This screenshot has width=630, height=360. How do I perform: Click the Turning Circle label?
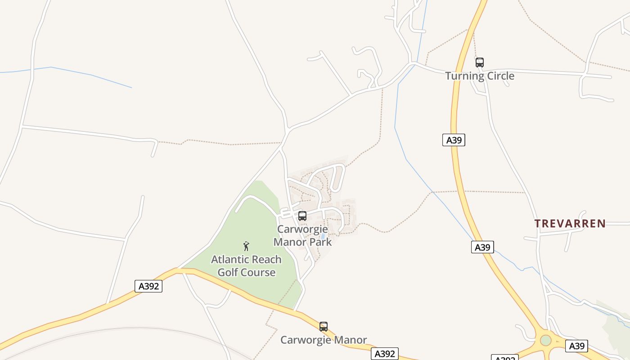tap(480, 76)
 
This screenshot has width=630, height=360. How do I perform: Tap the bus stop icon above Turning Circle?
tap(480, 63)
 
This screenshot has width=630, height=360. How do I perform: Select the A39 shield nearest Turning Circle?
tap(454, 140)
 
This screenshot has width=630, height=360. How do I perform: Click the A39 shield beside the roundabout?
tap(576, 346)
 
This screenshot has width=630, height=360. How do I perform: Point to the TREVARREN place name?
tap(570, 223)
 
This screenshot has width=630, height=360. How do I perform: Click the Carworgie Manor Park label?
tap(302, 235)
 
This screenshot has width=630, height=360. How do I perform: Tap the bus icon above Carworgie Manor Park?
tap(302, 216)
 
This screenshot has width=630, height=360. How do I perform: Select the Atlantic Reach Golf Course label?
tap(246, 266)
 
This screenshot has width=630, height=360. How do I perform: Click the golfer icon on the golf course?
tap(246, 246)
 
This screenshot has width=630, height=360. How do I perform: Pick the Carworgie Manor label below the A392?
tap(324, 340)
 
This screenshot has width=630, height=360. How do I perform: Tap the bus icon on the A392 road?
tap(324, 327)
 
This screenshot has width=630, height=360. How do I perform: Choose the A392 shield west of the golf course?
tap(148, 286)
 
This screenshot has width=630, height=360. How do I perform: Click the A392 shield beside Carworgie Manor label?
tap(385, 354)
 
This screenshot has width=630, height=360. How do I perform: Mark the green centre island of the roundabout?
tap(545, 340)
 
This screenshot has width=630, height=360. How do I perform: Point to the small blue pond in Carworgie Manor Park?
tap(323, 236)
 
